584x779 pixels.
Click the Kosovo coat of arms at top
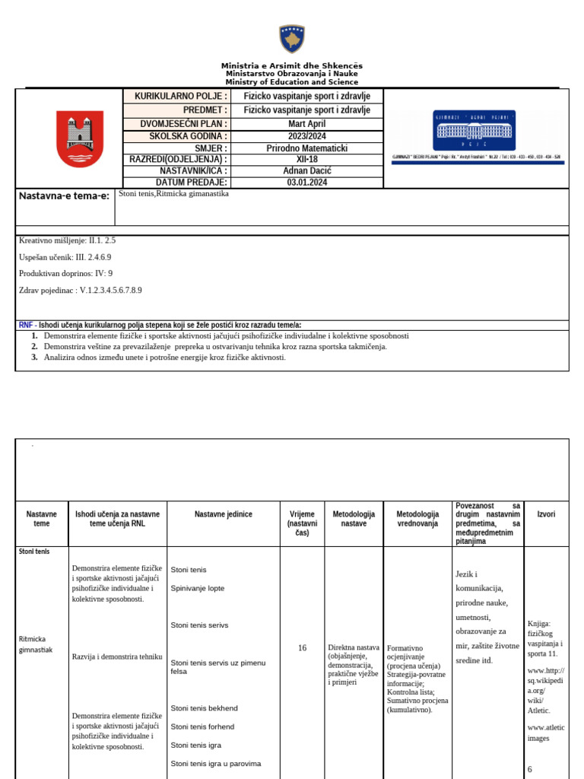[292, 39]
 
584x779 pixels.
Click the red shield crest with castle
[80, 138]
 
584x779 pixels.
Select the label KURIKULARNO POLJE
[180, 96]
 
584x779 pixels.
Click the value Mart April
[306, 124]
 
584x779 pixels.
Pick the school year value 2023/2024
[306, 136]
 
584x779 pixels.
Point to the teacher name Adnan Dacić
[306, 171]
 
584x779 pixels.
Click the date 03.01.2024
[306, 183]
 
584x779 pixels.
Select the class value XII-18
[306, 160]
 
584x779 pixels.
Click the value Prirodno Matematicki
[306, 148]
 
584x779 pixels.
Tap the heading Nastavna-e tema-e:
[63, 196]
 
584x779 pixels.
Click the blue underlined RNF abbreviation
[26, 325]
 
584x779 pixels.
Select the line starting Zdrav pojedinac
[80, 290]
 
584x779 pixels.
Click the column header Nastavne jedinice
[223, 514]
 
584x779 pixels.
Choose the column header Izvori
[546, 514]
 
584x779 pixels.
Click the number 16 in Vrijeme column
[302, 648]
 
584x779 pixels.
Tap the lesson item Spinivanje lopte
[197, 588]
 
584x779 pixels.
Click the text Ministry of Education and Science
[292, 82]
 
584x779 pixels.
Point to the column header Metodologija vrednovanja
[417, 519]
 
